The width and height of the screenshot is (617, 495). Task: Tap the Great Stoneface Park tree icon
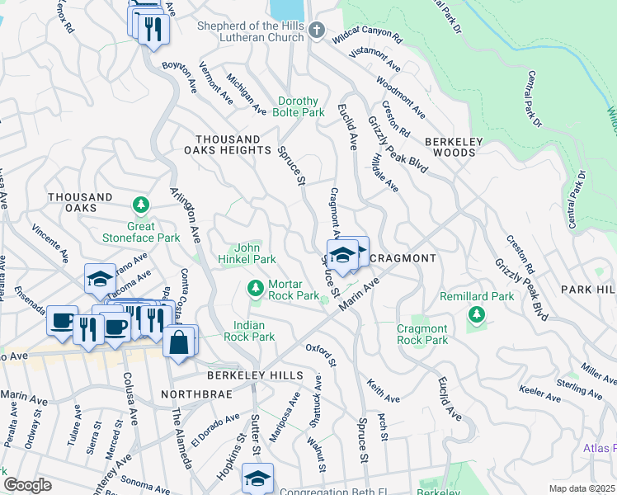pyautogui.click(x=141, y=204)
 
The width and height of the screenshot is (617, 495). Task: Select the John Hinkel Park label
pyautogui.click(x=254, y=252)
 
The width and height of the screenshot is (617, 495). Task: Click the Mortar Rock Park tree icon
pyautogui.click(x=256, y=288)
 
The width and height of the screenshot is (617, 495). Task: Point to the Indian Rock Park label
pyautogui.click(x=254, y=331)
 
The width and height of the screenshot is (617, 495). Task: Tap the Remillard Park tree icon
pyautogui.click(x=476, y=313)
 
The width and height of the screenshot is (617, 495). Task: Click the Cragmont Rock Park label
pyautogui.click(x=422, y=334)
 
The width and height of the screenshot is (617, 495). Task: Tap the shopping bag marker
pyautogui.click(x=179, y=341)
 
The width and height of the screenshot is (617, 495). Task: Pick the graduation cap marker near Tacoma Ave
pyautogui.click(x=100, y=278)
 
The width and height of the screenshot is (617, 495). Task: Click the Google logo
pyautogui.click(x=27, y=485)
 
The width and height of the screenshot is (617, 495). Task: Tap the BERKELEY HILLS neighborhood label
pyautogui.click(x=251, y=374)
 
